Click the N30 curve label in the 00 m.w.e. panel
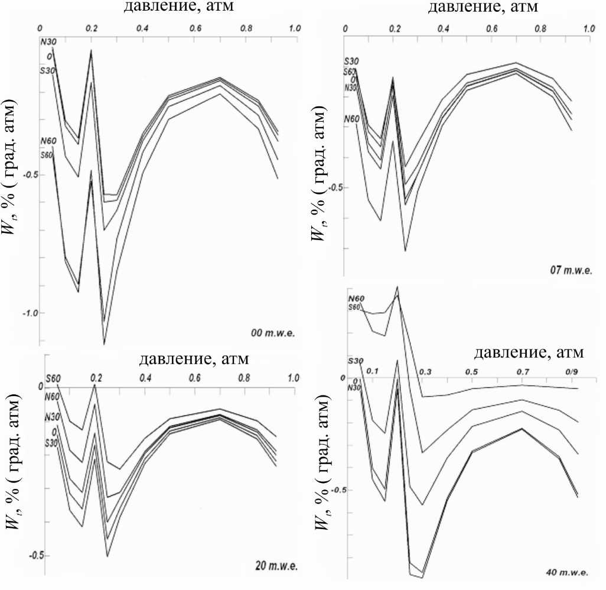47,41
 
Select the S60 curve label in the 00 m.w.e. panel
47,155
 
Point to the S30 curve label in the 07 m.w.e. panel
351,61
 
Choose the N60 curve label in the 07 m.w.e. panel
351,119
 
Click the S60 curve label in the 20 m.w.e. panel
53,378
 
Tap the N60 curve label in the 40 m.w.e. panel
356,299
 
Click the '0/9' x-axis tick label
572,372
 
